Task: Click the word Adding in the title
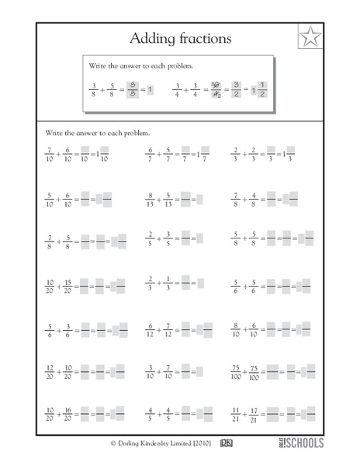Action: click(x=151, y=37)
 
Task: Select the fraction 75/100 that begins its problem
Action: click(x=236, y=367)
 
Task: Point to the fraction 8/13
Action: click(x=151, y=200)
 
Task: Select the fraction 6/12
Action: click(x=151, y=326)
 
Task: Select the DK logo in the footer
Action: click(x=226, y=444)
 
